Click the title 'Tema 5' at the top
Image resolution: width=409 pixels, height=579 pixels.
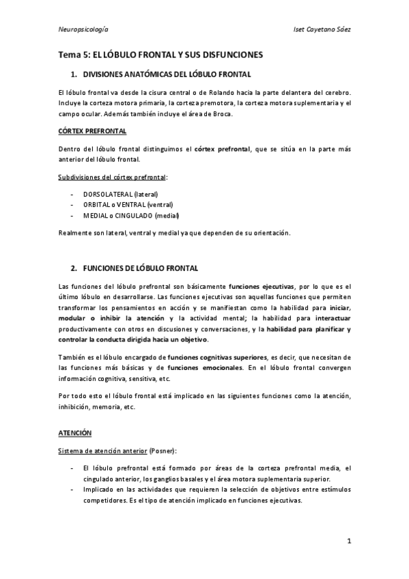73,55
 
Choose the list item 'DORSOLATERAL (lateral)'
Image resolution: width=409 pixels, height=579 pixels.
120,194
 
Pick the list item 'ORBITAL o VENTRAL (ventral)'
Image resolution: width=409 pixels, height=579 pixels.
128,204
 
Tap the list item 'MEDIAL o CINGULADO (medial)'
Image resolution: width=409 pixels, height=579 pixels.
130,215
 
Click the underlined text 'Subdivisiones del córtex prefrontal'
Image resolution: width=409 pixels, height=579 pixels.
112,178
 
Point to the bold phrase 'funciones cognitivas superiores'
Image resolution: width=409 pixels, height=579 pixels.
218,357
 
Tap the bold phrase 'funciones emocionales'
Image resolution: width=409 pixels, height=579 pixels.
205,367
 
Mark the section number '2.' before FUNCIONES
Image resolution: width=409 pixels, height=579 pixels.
74,267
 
